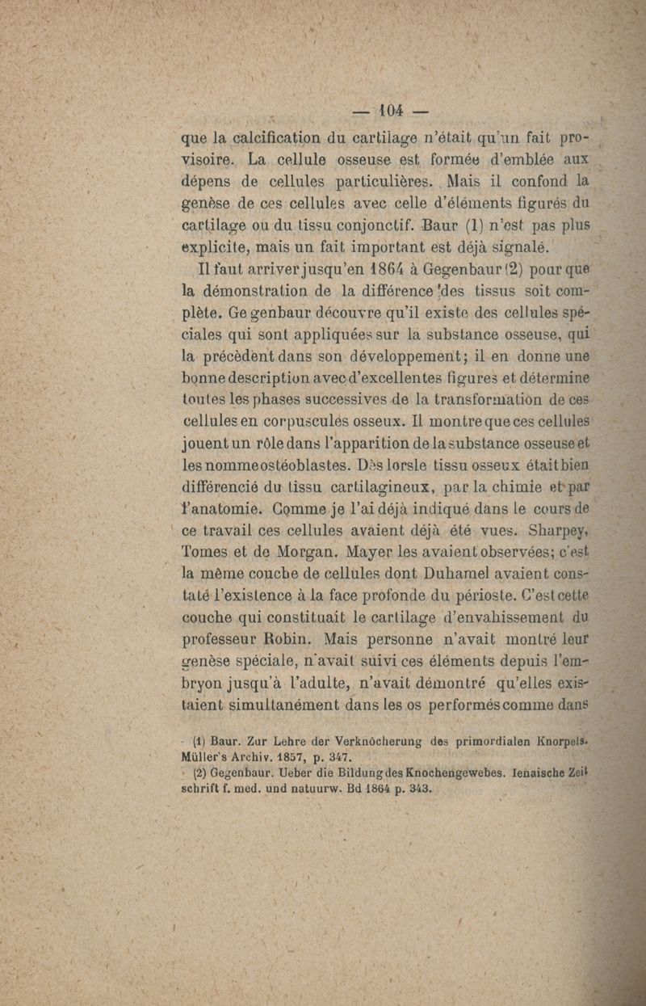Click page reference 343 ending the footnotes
coord(422,789)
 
